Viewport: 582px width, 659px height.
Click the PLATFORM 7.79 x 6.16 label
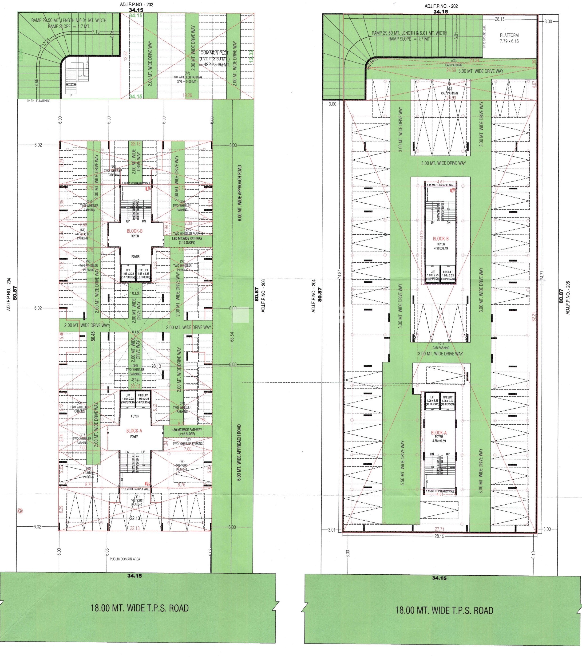[x=509, y=38]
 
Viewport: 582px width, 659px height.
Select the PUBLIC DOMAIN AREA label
[x=125, y=559]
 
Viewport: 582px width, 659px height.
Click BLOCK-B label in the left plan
[x=135, y=231]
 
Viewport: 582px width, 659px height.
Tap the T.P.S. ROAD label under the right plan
[x=444, y=610]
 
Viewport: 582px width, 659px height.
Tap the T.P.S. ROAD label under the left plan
[x=139, y=608]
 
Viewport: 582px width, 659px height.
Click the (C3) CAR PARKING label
[x=454, y=63]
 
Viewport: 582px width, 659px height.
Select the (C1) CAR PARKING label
[x=441, y=346]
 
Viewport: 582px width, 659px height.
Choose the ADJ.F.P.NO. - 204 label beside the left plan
[x=9, y=294]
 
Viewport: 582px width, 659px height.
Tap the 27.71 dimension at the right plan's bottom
[x=439, y=529]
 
